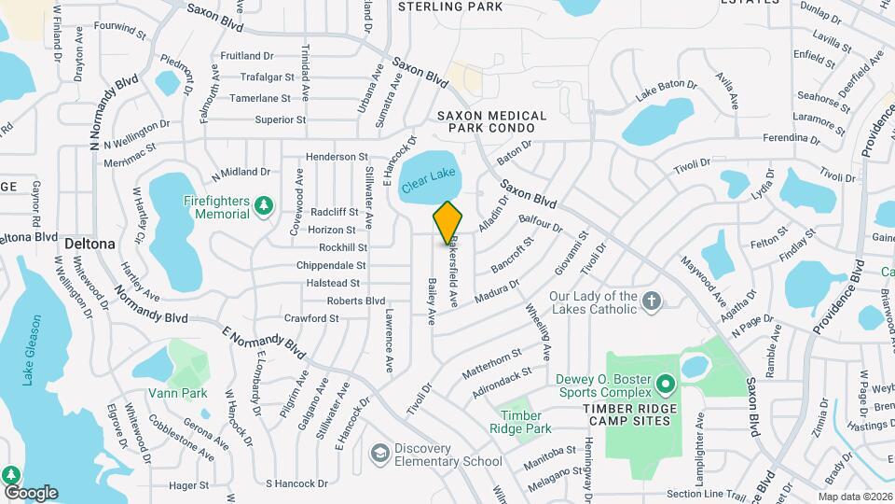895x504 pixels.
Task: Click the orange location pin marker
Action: (x=447, y=222)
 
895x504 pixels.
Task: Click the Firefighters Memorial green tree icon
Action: (x=265, y=203)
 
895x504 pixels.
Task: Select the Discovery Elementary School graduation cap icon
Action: (x=379, y=453)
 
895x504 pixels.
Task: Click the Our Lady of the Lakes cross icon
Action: (x=652, y=301)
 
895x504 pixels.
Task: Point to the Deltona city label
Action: (x=89, y=244)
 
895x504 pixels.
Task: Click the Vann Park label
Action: (x=182, y=393)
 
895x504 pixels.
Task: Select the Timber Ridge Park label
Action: (x=521, y=422)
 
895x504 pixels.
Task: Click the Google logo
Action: (x=31, y=492)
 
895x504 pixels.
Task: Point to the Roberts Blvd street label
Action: (x=355, y=301)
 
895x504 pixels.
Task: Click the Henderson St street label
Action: (x=337, y=158)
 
